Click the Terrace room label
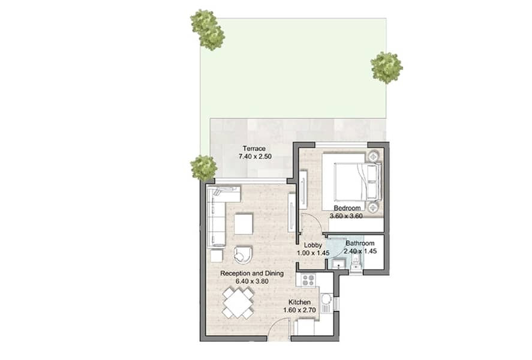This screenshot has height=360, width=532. tap(254, 149)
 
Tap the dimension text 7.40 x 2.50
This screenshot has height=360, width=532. tap(255, 157)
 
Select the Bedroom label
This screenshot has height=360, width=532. tap(347, 208)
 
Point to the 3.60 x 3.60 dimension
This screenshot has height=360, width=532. tap(347, 216)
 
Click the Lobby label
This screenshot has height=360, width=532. tap(313, 245)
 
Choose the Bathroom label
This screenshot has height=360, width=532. tap(360, 243)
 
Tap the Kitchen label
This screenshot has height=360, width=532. tap(299, 302)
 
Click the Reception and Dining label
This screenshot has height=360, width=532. tap(252, 273)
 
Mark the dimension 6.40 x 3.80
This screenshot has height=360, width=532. tap(252, 281)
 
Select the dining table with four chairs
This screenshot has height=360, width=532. tap(238, 303)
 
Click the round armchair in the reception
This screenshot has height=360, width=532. tap(242, 254)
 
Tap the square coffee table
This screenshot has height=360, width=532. tap(244, 224)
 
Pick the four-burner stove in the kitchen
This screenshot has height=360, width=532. tap(309, 280)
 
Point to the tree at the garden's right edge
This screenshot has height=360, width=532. tap(386, 68)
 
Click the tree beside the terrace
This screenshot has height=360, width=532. tap(203, 168)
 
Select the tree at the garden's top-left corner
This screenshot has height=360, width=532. tap(208, 29)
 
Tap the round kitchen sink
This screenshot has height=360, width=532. tap(326, 299)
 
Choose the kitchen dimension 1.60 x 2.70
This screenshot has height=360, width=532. tap(300, 310)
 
